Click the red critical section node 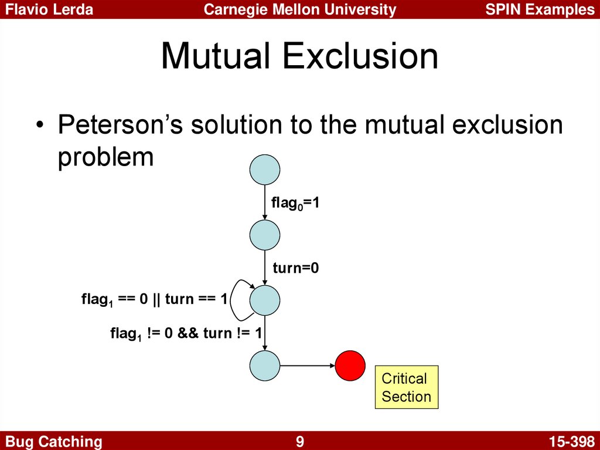350,366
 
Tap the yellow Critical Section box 407,387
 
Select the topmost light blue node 265,170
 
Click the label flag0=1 295,203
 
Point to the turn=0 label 296,268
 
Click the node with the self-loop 265,300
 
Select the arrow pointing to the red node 308,366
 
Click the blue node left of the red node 265,366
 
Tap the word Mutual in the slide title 217,56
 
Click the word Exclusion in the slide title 360,56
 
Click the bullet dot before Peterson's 39,126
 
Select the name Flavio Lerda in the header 49,9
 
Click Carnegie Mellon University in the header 300,9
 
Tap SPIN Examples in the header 540,9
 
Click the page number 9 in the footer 300,441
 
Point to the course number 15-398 571,441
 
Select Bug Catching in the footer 53,442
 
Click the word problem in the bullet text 105,157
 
